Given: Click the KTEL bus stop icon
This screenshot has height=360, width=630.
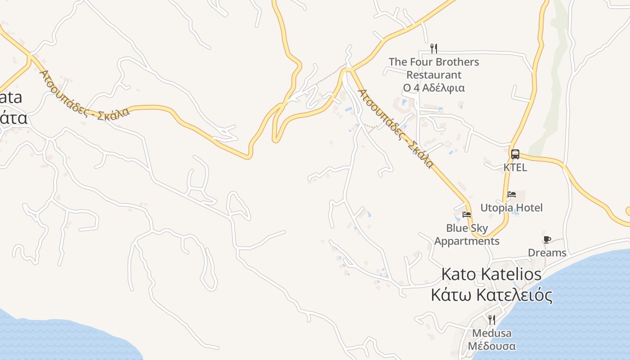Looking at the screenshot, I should pos(515,154).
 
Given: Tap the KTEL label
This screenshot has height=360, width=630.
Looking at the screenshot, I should pos(515,167).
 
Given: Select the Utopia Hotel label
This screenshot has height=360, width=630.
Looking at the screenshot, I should pos(511,208).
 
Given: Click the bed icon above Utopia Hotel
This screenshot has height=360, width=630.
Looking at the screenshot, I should pos(511,194).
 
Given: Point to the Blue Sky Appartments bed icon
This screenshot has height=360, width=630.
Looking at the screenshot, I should pos(467,215).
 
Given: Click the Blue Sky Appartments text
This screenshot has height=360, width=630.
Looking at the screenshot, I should pos(467,234).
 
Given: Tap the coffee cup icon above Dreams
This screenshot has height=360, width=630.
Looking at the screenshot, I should pos(547,239).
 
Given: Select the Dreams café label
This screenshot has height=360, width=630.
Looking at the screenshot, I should pos(547,253).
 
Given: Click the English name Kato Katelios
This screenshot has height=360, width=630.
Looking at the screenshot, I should pos(491,274).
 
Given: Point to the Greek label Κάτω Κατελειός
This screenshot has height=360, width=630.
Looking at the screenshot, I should pos(491,296).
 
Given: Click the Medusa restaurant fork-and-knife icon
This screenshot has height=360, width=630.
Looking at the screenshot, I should pos(492,320).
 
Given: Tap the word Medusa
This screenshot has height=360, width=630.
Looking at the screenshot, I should pos(492,333).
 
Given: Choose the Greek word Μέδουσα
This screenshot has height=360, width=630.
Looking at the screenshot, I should pos(492,346).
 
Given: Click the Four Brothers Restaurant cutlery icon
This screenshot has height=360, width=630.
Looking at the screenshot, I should pos(434,48).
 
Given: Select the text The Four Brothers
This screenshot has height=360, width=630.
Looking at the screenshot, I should pos(434,62).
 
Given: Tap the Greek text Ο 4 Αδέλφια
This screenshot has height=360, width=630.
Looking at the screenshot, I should pos(434,88).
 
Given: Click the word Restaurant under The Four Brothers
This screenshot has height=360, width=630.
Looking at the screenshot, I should pos(434,75).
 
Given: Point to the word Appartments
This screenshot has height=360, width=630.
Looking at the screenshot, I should pos(467,241).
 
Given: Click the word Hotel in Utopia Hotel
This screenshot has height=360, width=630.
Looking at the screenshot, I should pos(529,208).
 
